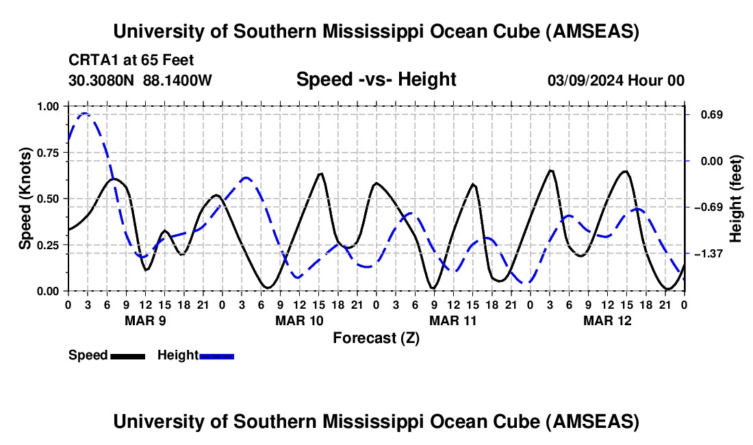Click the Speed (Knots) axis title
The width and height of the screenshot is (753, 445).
click(25, 199)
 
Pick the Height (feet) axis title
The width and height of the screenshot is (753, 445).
click(736, 199)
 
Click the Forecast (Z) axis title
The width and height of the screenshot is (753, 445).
click(376, 338)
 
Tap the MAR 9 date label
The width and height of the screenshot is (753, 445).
click(144, 320)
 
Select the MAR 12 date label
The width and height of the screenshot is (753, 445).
click(607, 320)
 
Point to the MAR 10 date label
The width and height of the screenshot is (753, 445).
click(298, 320)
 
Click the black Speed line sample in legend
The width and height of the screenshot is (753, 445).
click(127, 355)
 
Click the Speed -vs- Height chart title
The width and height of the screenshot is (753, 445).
click(376, 79)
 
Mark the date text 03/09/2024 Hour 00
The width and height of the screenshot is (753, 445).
click(615, 80)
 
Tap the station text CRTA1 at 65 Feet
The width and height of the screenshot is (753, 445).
click(131, 60)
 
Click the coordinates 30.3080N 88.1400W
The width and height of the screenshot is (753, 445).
click(140, 80)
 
